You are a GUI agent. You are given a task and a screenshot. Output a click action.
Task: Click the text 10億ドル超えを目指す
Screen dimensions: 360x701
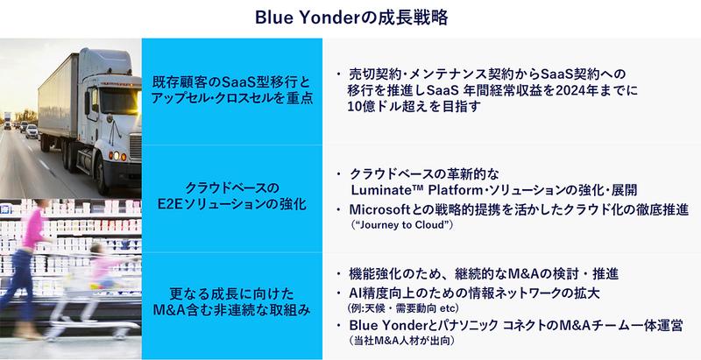point(411,107)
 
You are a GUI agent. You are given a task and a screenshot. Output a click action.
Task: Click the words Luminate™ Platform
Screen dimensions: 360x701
point(409,189)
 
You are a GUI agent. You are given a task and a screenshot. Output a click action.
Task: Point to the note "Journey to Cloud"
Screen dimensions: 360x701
point(401,226)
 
